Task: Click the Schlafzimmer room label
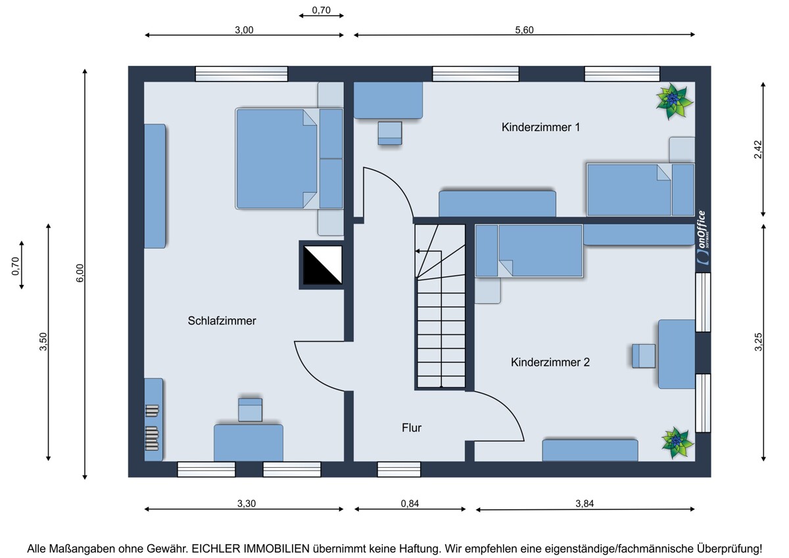tap(222, 320)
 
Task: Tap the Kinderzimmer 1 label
tap(540, 127)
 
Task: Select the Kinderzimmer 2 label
tap(550, 362)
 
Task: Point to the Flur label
tap(412, 428)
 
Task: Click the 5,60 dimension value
tap(524, 30)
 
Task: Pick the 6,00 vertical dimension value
tap(80, 273)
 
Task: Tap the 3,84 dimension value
tap(585, 504)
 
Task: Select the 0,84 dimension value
tap(410, 503)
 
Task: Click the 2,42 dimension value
tap(757, 149)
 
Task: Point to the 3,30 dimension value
tap(246, 503)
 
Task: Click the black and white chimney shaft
tap(322, 265)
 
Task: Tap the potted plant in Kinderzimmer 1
tap(674, 101)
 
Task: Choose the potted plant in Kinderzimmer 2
tap(677, 442)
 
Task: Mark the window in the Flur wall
tap(398, 469)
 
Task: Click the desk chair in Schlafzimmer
tap(250, 409)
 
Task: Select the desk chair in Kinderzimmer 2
tap(644, 356)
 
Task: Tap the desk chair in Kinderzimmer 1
tap(390, 133)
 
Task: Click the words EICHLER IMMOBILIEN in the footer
tap(250, 549)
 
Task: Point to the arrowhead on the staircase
tap(418, 251)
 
